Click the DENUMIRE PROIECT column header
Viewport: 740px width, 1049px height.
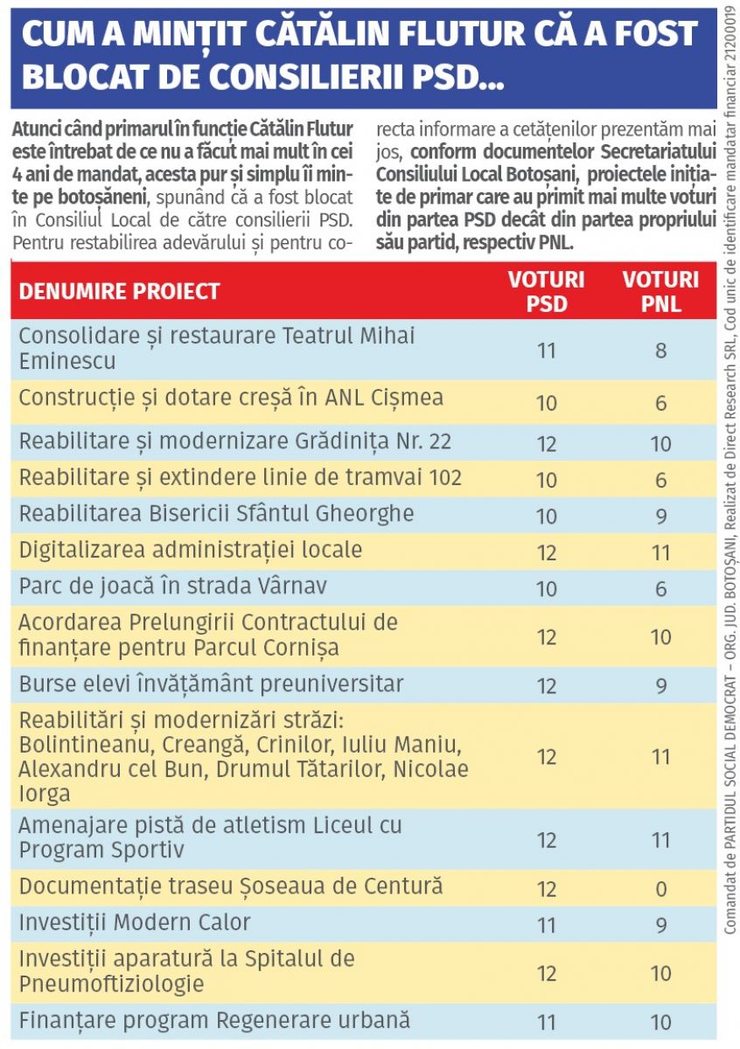(x=120, y=291)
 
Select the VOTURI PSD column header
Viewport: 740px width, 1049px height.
(x=547, y=291)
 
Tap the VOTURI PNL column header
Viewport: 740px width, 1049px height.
(x=660, y=291)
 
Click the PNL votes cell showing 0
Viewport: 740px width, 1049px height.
(x=660, y=890)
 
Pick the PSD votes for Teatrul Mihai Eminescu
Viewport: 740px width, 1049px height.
(x=547, y=351)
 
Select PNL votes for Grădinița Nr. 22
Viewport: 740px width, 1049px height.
(x=660, y=444)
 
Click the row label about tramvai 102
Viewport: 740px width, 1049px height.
(x=241, y=478)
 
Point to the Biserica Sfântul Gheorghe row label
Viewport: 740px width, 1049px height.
(x=217, y=513)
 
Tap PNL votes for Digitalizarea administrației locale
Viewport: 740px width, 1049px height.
(x=660, y=552)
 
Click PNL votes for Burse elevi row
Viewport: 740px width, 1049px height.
(x=660, y=685)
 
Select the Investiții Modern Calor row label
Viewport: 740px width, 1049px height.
(x=135, y=922)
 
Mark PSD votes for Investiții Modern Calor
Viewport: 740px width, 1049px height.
(x=547, y=925)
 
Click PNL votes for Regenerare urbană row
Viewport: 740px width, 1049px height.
(x=660, y=1022)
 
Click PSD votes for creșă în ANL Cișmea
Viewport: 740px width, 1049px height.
(x=547, y=403)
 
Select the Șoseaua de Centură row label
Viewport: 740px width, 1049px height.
(x=231, y=886)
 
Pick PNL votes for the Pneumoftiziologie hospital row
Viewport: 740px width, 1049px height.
(x=660, y=973)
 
